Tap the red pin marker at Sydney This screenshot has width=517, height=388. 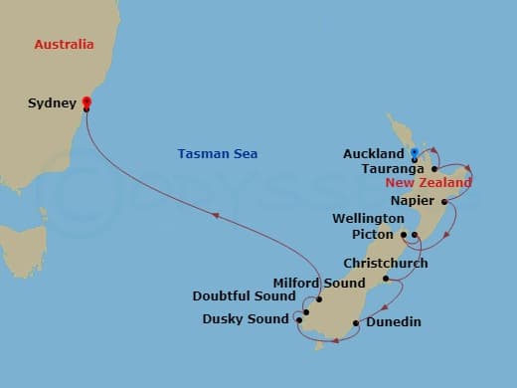click(x=86, y=101)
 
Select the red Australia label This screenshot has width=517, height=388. click(x=64, y=45)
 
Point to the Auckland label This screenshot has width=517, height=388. click(x=373, y=154)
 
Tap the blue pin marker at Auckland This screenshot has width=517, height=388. click(x=413, y=153)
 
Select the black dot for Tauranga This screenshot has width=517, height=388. click(x=434, y=169)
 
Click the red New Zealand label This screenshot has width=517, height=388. click(x=429, y=183)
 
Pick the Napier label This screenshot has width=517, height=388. click(x=413, y=201)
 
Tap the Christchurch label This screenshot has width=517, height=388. click(x=385, y=264)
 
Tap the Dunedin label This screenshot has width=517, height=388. click(x=393, y=322)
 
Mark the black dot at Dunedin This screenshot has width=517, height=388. click(x=356, y=321)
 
